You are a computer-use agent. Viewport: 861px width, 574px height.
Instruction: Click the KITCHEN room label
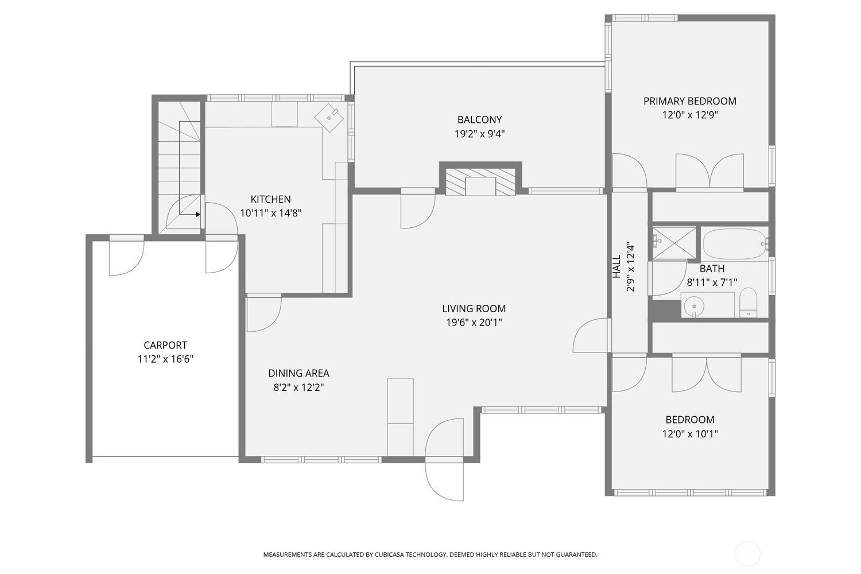tap(270, 199)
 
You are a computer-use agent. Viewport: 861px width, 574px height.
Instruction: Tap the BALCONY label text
tap(479, 119)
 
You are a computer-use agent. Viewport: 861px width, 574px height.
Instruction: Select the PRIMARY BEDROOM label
tap(689, 101)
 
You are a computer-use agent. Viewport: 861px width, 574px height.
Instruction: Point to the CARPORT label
tap(165, 345)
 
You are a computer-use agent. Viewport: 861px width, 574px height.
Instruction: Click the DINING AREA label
tap(298, 373)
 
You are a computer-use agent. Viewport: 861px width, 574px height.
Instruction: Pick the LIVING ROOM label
tap(474, 308)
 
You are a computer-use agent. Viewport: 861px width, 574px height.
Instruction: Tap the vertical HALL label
tap(616, 266)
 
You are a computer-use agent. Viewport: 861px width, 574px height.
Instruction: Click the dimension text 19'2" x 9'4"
tap(479, 134)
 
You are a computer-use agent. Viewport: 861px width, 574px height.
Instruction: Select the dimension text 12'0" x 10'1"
tap(689, 434)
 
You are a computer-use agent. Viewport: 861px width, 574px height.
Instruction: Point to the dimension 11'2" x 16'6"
tap(165, 359)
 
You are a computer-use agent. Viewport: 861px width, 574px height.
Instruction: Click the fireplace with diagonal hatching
tap(480, 182)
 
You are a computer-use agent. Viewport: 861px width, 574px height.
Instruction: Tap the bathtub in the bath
tap(735, 244)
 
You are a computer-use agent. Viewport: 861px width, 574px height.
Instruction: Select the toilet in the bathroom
tap(748, 303)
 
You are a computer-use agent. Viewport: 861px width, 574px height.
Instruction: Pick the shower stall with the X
tap(674, 242)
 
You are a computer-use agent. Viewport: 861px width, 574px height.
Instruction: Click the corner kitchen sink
tap(329, 117)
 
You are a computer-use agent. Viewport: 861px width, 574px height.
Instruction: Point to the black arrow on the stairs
tap(197, 214)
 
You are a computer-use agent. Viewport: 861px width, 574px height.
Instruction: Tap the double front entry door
tap(444, 459)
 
